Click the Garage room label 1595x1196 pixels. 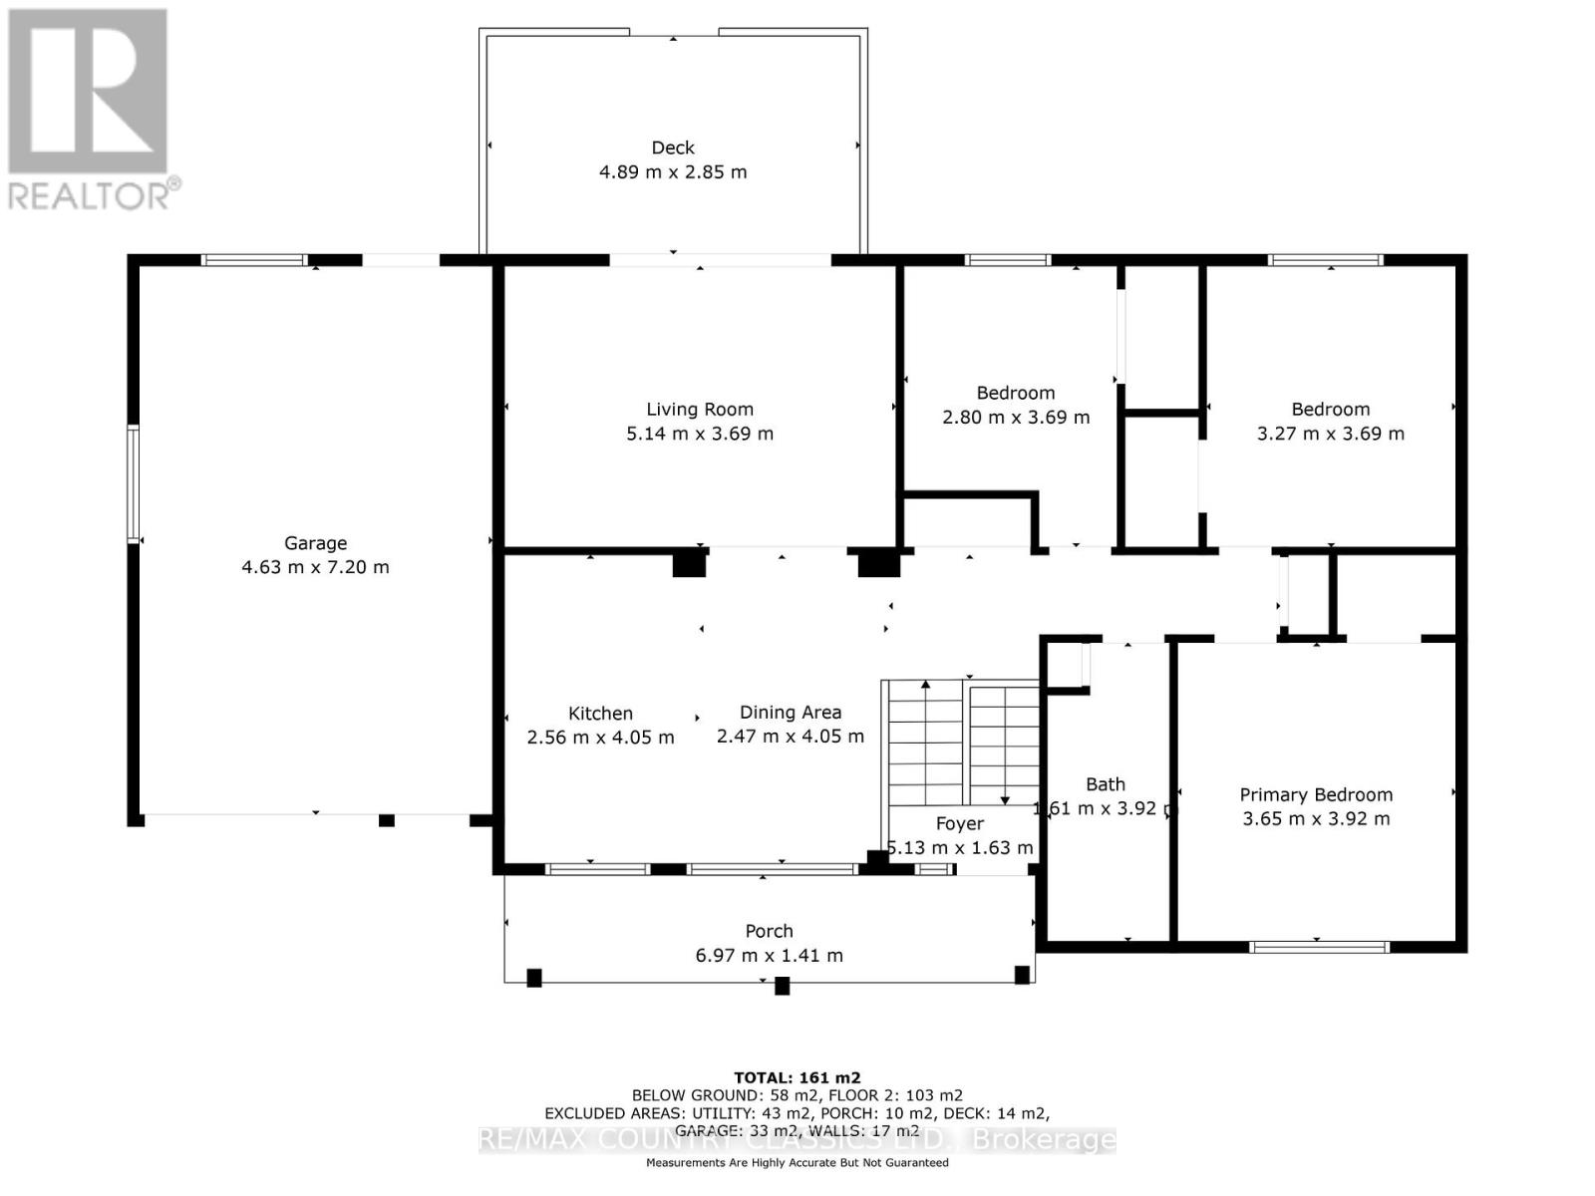[x=315, y=543]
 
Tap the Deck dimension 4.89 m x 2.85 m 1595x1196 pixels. [x=673, y=171]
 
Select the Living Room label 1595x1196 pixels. [x=699, y=409]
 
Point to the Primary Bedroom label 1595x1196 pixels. [x=1316, y=794]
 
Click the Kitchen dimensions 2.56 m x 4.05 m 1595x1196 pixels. [x=600, y=738]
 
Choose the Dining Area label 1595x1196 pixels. [x=790, y=712]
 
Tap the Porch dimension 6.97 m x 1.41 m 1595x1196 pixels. [x=769, y=955]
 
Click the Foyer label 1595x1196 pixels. [x=959, y=823]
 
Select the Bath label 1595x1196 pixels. [x=1105, y=784]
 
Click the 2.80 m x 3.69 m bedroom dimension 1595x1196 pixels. [x=1015, y=417]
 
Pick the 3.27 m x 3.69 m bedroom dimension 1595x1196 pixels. [x=1330, y=433]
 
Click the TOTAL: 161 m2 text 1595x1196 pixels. [x=797, y=1077]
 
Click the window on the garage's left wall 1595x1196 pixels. [x=133, y=484]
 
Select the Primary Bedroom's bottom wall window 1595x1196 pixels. [x=1319, y=947]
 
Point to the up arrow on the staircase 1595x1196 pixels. [x=926, y=686]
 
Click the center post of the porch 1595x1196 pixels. [x=782, y=986]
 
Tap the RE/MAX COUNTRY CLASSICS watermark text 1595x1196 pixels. [x=797, y=1139]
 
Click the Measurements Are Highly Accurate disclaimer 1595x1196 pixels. [x=797, y=1162]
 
